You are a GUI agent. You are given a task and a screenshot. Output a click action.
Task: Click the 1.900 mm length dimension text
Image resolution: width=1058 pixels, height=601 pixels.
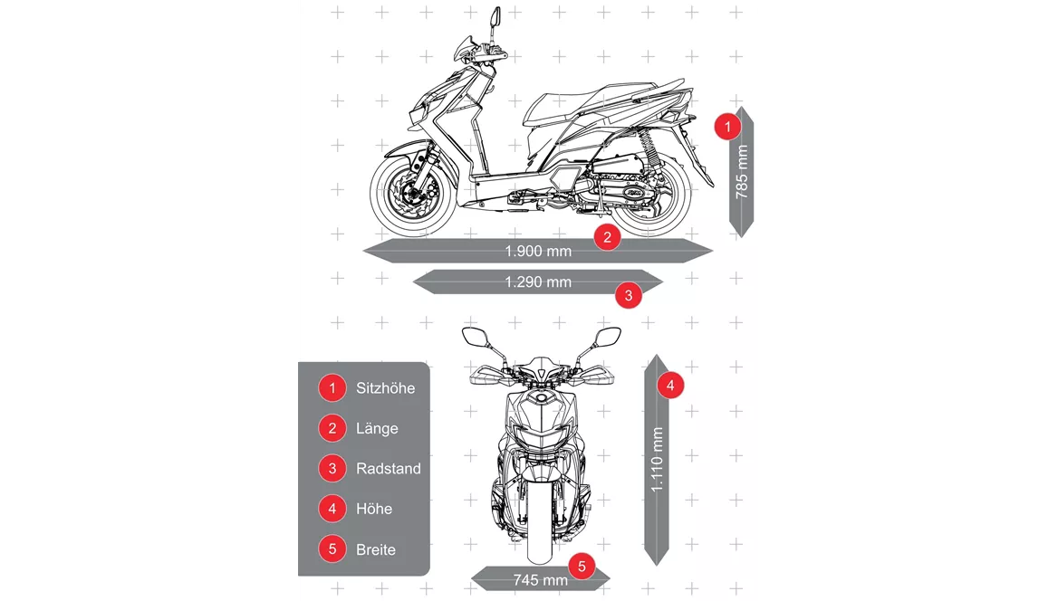538,251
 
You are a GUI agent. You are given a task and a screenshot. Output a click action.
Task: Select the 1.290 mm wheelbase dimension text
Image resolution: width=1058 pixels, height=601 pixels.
538,282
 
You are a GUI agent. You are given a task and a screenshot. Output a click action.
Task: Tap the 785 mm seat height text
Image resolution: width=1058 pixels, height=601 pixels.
742,171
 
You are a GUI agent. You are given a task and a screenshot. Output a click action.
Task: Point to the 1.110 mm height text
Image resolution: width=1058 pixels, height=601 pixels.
657,460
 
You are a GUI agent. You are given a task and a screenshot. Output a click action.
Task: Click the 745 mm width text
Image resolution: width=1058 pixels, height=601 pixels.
540,580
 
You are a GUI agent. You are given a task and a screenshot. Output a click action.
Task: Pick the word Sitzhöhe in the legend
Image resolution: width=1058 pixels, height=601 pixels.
385,388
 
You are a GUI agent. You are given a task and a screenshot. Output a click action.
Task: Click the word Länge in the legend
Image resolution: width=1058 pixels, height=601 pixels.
377,428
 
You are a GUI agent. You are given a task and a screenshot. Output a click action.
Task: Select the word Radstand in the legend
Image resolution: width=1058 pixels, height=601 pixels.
389,469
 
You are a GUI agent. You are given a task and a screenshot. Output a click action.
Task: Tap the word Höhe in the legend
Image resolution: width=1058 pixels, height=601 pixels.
374,509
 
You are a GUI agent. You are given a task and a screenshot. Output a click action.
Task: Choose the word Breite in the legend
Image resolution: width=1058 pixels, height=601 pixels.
376,549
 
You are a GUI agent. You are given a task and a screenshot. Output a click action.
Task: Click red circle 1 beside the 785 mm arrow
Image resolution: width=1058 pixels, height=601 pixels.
727,126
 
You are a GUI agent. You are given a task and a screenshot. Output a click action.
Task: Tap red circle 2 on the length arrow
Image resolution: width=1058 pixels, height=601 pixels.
607,237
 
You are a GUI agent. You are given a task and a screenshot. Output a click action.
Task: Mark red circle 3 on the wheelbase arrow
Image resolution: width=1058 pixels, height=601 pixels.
629,295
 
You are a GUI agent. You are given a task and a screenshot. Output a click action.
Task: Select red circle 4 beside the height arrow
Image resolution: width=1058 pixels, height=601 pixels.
670,386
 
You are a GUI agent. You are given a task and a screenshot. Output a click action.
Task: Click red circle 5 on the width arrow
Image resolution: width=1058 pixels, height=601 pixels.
582,567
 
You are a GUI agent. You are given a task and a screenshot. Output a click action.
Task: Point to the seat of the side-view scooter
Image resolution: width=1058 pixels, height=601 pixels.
594,101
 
